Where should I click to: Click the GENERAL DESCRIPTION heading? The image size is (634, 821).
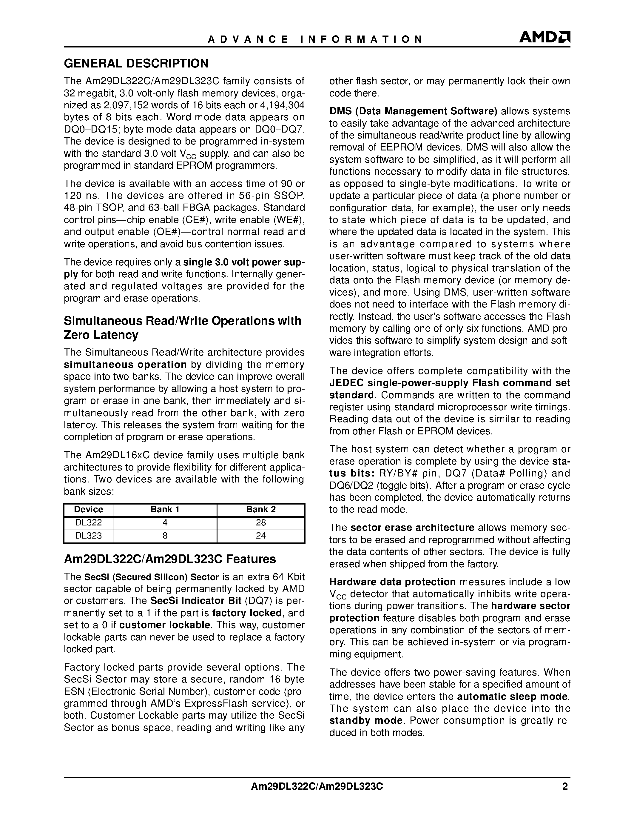pos(136,64)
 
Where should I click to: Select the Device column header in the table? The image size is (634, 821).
pos(88,510)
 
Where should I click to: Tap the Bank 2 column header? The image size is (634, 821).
pos(261,510)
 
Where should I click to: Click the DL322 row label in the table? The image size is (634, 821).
pos(88,523)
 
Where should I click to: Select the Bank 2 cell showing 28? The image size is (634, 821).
pos(261,523)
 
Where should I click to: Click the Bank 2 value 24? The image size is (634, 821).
pos(261,536)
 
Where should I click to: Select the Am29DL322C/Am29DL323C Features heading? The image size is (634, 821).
pos(170,559)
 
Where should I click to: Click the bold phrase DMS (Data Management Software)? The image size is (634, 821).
pos(413,111)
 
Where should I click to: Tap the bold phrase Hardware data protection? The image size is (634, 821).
pos(393,582)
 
